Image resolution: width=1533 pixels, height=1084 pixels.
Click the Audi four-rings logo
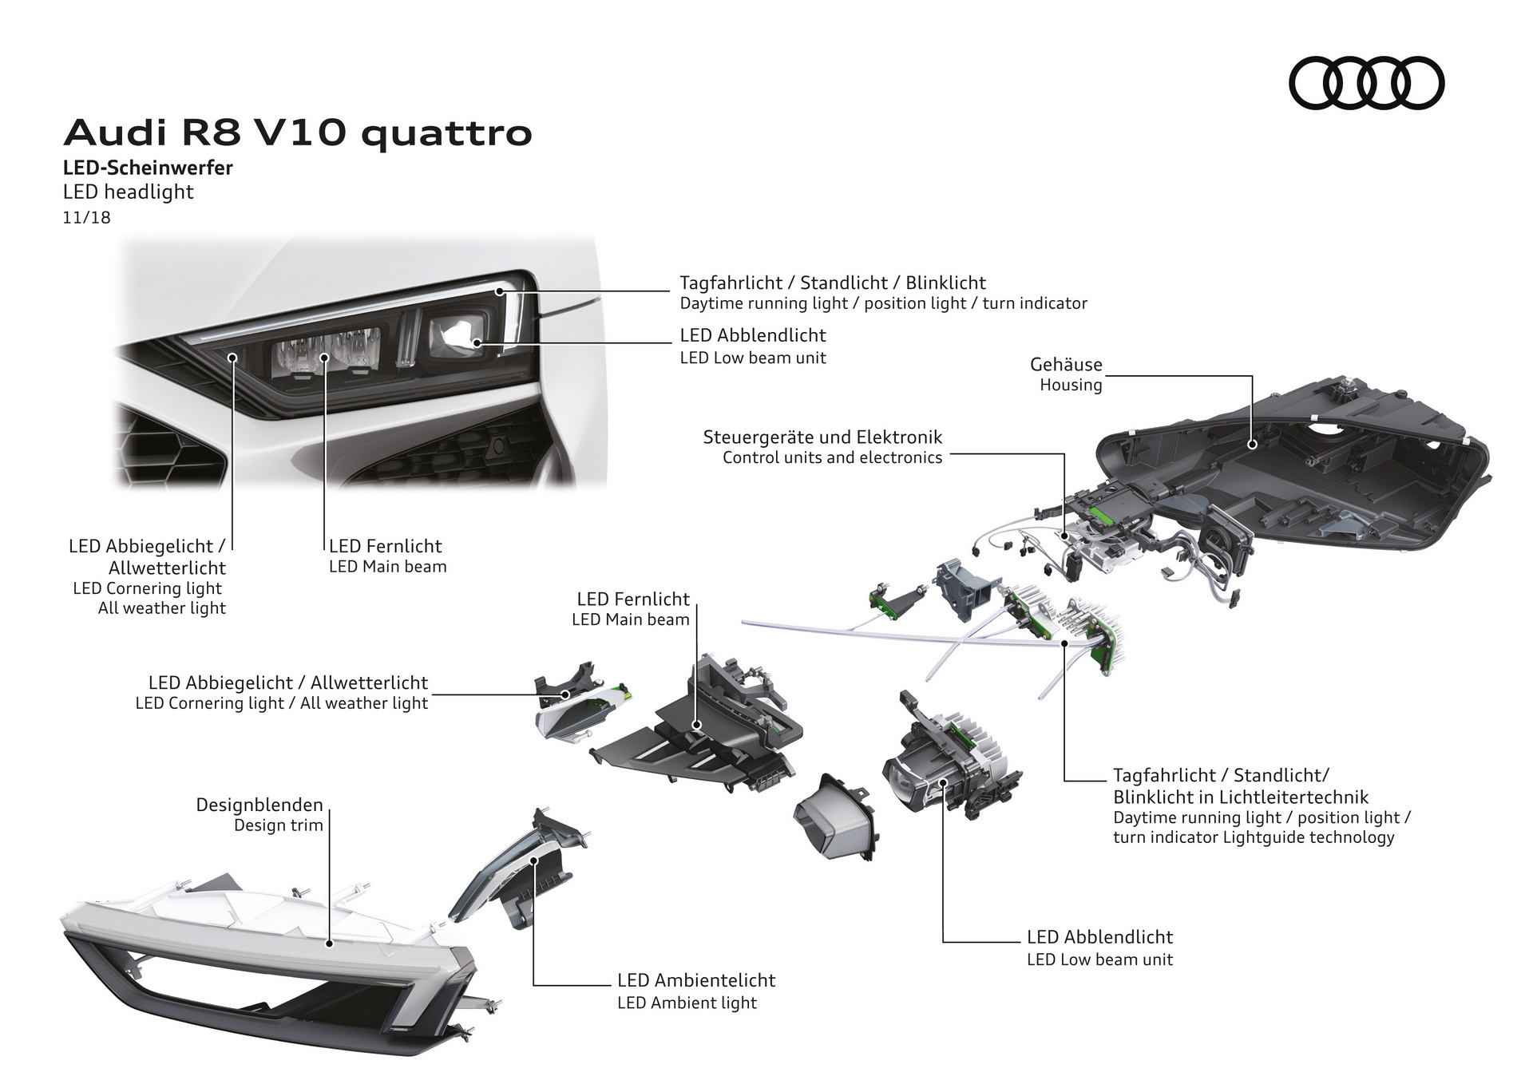point(1366,83)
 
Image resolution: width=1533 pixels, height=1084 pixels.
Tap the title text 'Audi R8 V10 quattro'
point(298,133)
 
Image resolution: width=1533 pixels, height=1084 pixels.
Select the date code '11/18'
point(86,217)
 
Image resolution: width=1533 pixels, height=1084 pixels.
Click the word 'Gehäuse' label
point(1066,365)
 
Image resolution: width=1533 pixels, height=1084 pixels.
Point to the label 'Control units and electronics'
point(832,458)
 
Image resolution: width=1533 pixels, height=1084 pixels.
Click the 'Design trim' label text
point(278,825)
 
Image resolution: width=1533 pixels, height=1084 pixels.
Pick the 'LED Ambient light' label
point(687,1003)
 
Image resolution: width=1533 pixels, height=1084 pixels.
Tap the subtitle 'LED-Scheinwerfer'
point(148,168)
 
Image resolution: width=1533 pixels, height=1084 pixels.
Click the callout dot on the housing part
point(1252,443)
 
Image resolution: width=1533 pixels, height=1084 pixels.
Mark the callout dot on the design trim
point(329,944)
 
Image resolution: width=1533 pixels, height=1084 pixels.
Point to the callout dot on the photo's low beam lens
point(477,342)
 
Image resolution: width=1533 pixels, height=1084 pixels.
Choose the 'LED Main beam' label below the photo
point(387,567)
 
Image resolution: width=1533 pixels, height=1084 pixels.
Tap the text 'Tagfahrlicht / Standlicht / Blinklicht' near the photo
point(832,283)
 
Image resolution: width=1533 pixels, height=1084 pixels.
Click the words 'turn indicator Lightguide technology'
point(1254,837)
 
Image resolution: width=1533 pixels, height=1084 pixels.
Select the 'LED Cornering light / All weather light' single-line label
point(281,703)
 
